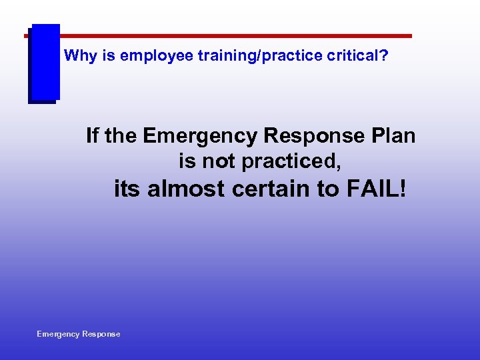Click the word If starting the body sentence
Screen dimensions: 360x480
[92, 136]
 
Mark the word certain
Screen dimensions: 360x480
[276, 189]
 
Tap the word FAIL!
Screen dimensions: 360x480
[375, 189]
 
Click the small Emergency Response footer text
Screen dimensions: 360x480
[79, 334]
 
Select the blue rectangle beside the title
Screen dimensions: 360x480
[45, 63]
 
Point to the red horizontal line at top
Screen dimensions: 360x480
[233, 36]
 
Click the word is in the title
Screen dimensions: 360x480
[110, 56]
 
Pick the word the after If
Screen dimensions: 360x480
[120, 136]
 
